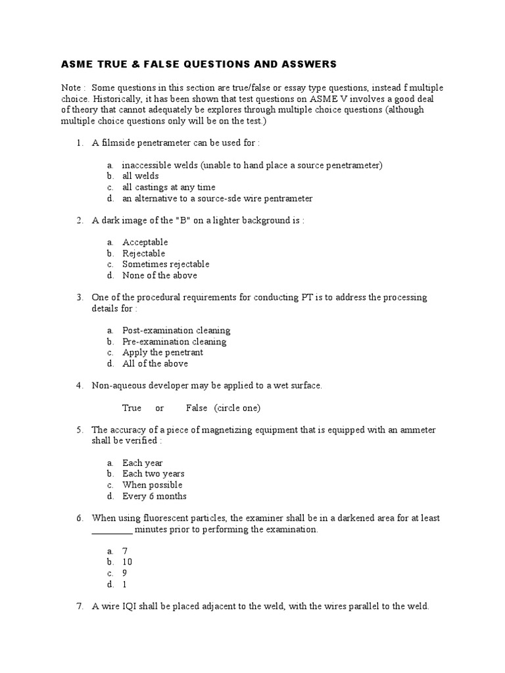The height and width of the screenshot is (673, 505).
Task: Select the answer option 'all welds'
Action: coord(141,176)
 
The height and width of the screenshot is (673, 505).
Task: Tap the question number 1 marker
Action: coord(79,143)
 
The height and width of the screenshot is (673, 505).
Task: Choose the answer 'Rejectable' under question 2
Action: coord(144,253)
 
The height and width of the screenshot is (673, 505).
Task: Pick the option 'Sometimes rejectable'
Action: coord(166,264)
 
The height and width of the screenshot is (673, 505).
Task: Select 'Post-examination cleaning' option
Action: coord(176,331)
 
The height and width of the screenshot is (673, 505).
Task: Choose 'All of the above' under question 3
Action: coord(155,363)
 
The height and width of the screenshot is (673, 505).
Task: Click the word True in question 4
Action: coord(132,408)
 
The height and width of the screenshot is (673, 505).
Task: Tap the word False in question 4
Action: coord(197,408)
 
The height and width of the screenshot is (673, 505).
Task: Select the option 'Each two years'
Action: coord(153,474)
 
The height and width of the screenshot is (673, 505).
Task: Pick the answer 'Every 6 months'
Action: coord(155,496)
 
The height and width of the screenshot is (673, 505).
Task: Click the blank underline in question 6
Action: coord(112,530)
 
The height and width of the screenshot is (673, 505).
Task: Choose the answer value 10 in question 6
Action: coord(127,562)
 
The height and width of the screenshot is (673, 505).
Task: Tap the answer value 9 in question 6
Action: coord(125,573)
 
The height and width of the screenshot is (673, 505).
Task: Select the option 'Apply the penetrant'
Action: coord(162,352)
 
